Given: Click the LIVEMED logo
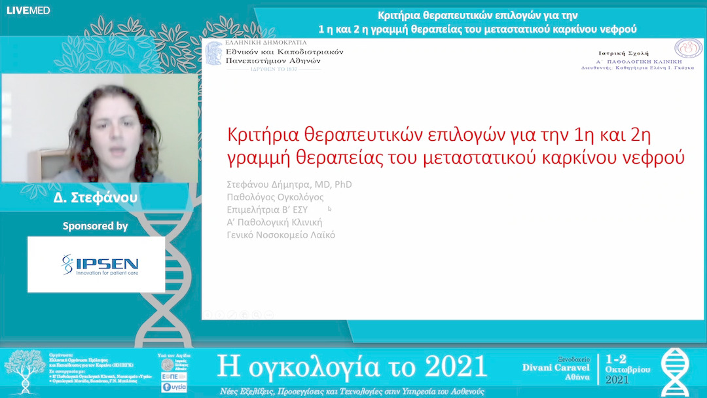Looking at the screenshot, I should click(x=27, y=10).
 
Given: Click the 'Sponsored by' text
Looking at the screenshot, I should click(x=96, y=226).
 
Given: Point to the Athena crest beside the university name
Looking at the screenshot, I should click(x=214, y=53).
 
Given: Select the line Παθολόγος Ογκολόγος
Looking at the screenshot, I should click(x=275, y=197).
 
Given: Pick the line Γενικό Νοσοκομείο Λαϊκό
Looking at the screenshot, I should click(x=280, y=235).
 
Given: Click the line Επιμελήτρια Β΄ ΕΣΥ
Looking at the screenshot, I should click(x=267, y=209).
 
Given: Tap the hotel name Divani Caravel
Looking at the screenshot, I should click(x=556, y=368).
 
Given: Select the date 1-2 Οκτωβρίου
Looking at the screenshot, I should click(x=627, y=364).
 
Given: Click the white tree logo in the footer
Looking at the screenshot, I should click(x=24, y=370).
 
